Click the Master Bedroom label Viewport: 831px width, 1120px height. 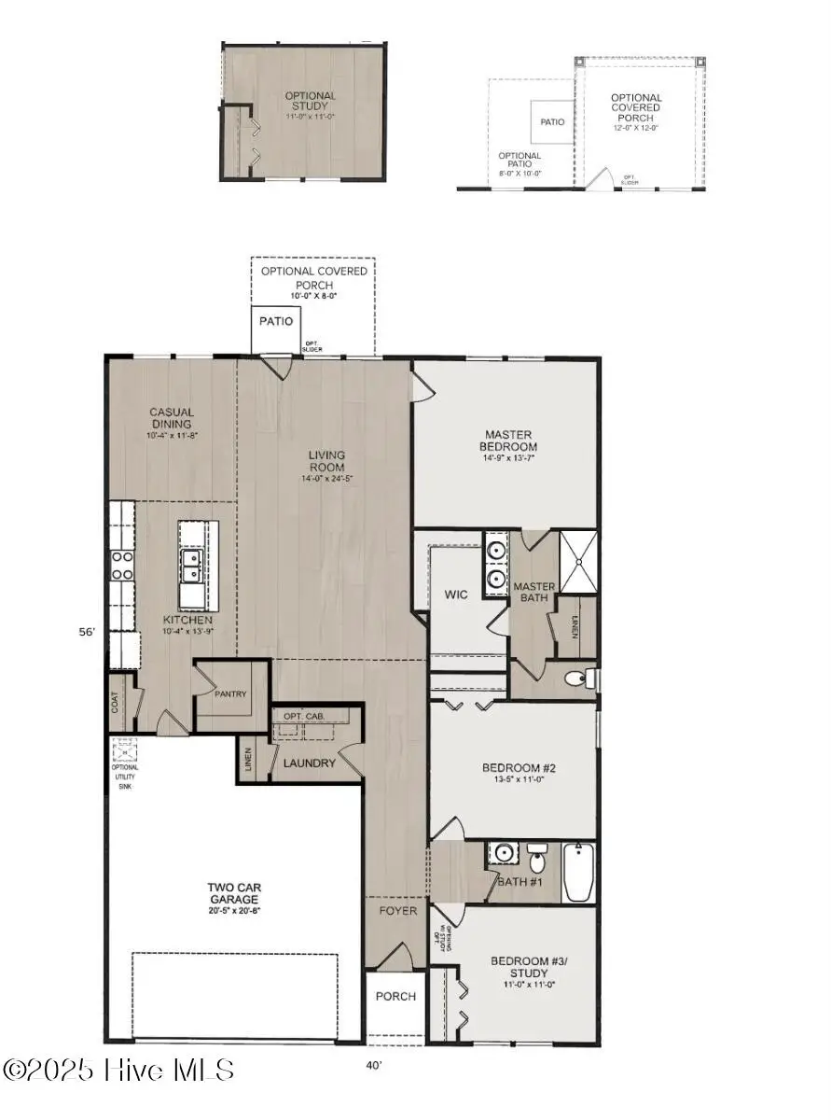(x=508, y=440)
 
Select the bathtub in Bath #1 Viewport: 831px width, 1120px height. (x=578, y=873)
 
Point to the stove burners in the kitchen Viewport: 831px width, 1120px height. (x=122, y=565)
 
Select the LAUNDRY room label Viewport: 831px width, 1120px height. (x=309, y=763)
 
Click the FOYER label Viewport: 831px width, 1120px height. (x=396, y=910)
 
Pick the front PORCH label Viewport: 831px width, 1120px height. (x=395, y=996)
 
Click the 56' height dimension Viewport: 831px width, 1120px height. (x=86, y=632)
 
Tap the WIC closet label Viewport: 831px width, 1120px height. (x=455, y=594)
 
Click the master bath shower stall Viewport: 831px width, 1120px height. (x=578, y=562)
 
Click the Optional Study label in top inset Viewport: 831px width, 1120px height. (x=310, y=101)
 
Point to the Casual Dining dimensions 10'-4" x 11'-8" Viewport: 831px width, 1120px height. (x=172, y=435)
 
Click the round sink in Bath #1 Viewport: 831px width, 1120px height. (x=506, y=853)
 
